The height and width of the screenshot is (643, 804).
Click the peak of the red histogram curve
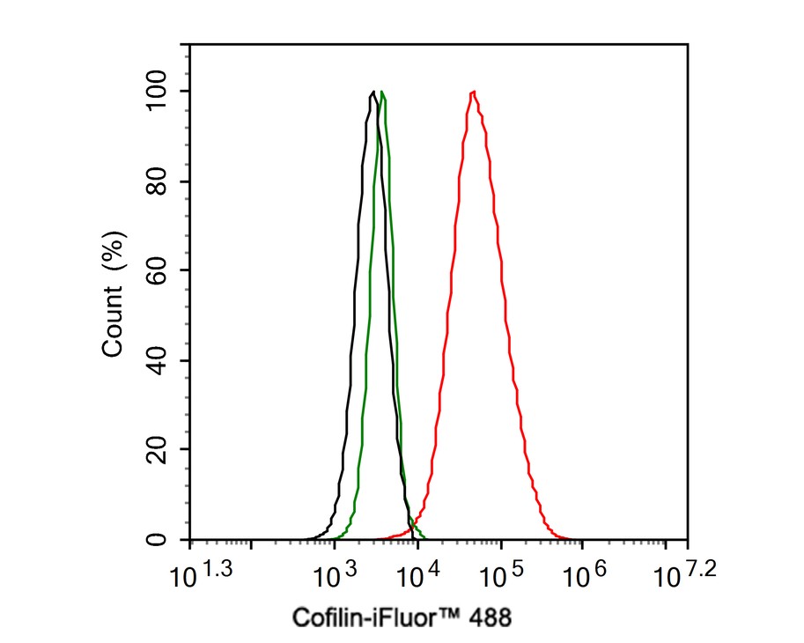(x=474, y=92)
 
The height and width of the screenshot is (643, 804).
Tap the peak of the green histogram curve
(x=382, y=92)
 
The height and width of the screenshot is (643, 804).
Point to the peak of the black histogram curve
(x=373, y=92)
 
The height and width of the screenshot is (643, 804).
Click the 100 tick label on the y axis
(x=161, y=92)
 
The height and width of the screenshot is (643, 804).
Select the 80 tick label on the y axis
(x=161, y=181)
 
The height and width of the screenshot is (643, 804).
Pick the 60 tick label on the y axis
(x=161, y=270)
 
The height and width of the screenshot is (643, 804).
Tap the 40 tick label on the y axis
(x=161, y=360)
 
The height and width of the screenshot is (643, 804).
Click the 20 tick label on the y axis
(x=161, y=449)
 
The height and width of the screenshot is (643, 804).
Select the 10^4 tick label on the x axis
(x=416, y=575)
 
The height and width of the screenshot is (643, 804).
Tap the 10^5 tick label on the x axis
(x=498, y=575)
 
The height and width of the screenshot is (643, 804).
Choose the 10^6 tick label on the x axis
(x=581, y=575)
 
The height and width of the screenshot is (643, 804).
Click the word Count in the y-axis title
(x=113, y=325)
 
